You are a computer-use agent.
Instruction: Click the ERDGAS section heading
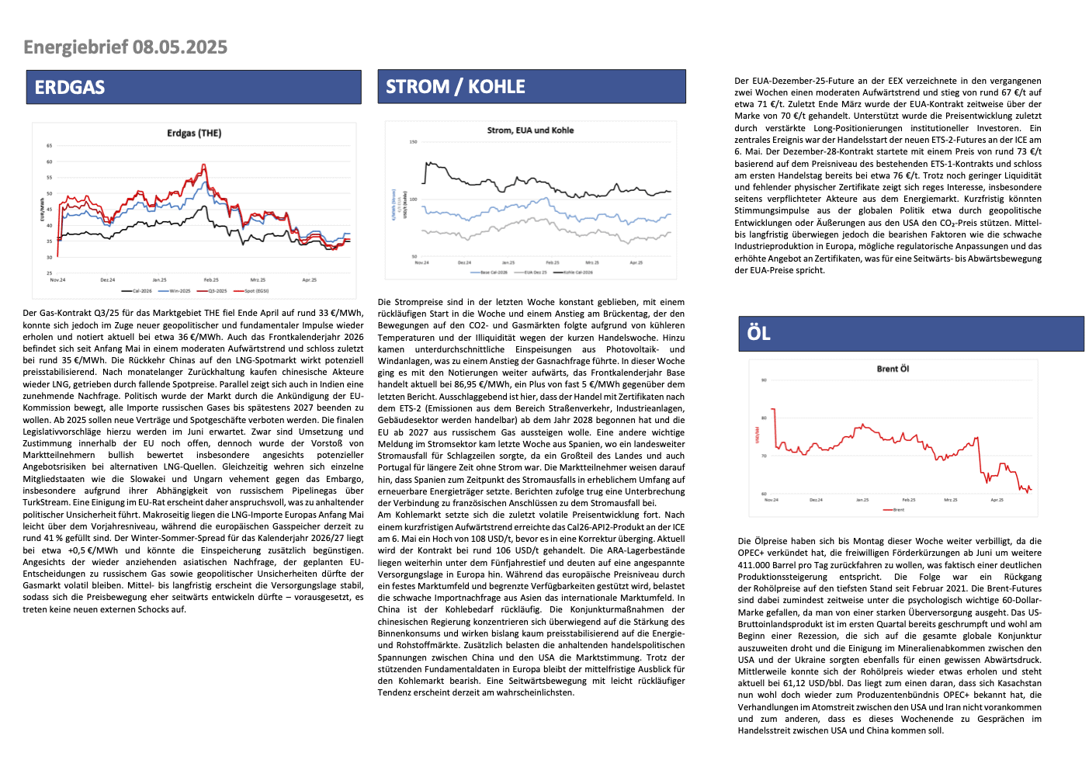(70, 88)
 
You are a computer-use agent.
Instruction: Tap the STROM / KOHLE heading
(456, 87)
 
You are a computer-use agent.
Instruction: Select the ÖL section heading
(758, 334)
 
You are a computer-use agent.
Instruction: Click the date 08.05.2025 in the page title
(180, 47)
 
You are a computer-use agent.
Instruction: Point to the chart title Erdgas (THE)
(194, 134)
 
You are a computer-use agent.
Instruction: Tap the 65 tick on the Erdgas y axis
(49, 146)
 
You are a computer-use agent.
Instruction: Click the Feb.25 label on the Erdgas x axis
(211, 279)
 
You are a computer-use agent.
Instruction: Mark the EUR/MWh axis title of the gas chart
(43, 210)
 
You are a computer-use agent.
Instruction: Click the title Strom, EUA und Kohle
(530, 130)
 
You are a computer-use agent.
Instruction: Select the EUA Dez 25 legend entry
(535, 272)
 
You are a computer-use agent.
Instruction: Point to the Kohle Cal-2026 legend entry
(577, 272)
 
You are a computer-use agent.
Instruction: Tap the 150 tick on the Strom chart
(413, 142)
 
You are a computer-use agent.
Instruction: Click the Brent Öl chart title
(893, 369)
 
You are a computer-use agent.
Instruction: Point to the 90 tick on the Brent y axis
(764, 380)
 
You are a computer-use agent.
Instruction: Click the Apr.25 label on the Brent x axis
(997, 500)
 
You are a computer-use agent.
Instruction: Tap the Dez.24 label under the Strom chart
(464, 262)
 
